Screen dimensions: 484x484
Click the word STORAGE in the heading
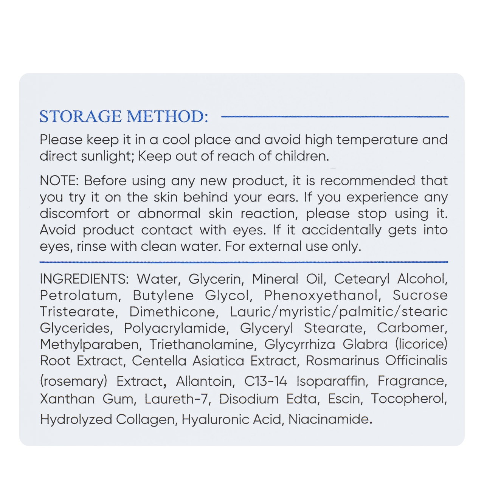tap(81, 116)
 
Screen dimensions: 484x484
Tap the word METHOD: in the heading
tap(167, 116)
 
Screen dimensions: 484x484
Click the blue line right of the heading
tap(335, 117)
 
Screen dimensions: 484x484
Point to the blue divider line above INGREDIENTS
tap(244, 262)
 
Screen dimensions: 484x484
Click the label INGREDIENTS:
tap(84, 279)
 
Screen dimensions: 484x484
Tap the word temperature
tap(377, 140)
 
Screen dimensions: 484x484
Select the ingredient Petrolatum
tap(80, 295)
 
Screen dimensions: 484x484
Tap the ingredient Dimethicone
tap(174, 312)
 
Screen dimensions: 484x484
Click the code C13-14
tap(265, 381)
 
